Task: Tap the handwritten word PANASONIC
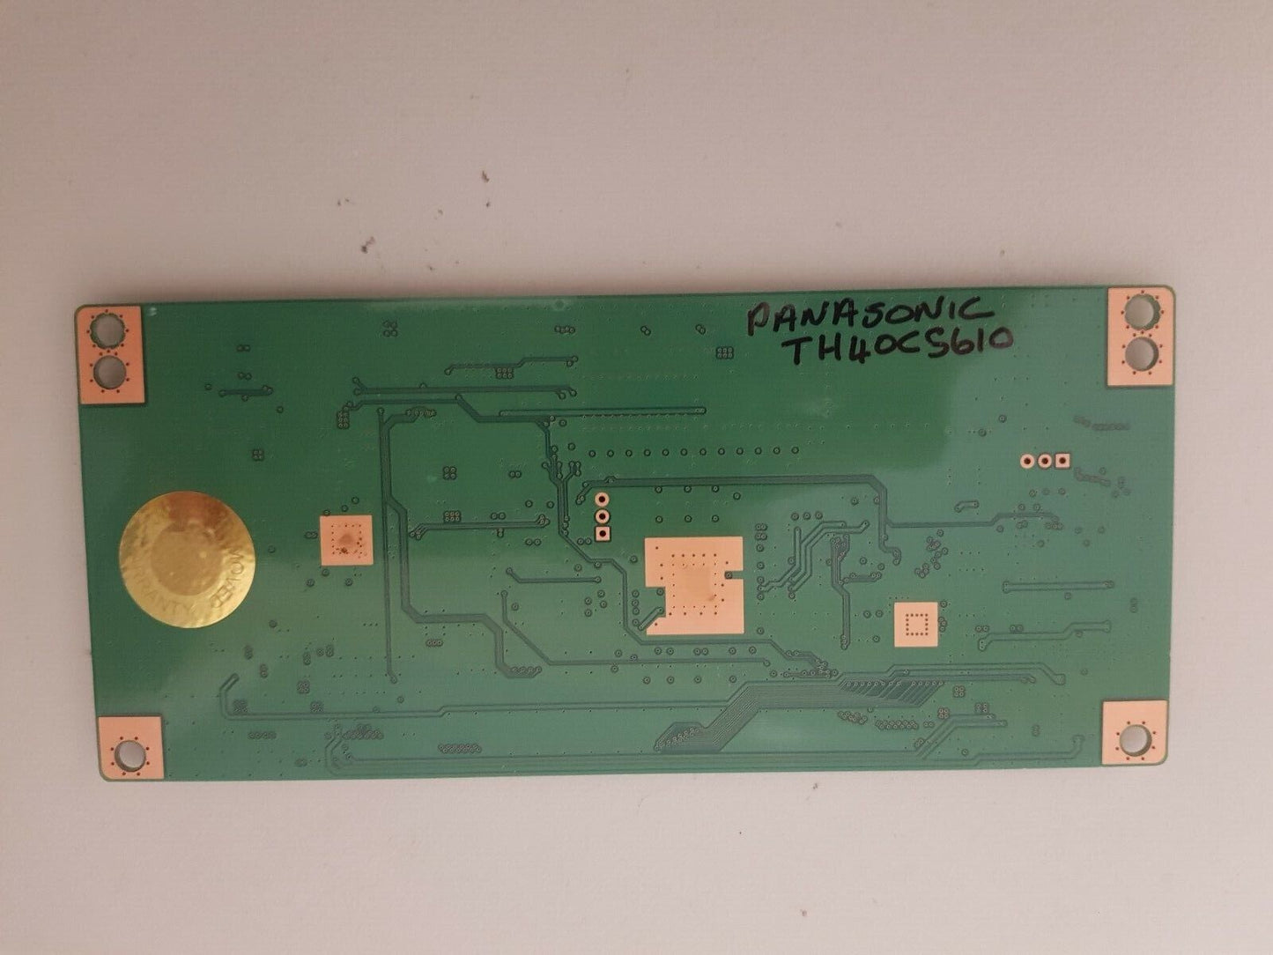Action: point(864,315)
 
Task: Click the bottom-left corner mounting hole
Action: point(130,751)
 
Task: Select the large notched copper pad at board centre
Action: point(693,586)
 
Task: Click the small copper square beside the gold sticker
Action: point(345,541)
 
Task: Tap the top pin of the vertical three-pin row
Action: point(603,500)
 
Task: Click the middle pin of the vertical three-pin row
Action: point(603,516)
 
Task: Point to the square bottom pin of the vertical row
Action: point(603,533)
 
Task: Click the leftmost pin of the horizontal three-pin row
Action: point(1026,459)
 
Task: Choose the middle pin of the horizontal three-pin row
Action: point(1044,459)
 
